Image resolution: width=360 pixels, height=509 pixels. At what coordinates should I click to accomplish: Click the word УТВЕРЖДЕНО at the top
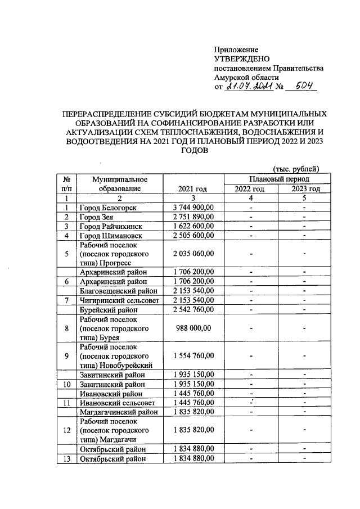[242, 59]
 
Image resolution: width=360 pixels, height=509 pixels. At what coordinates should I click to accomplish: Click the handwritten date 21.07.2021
[249, 87]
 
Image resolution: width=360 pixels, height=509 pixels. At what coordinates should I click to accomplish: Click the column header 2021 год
[192, 188]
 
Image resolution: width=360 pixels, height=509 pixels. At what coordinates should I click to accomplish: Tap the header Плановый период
[278, 178]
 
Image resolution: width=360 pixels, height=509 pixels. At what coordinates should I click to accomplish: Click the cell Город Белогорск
[107, 208]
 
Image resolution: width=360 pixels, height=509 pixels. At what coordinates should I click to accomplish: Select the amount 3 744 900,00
[192, 208]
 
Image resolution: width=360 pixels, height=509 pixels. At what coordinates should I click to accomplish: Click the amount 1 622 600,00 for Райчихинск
[192, 226]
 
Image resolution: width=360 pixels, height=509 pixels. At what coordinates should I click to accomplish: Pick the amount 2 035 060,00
[192, 254]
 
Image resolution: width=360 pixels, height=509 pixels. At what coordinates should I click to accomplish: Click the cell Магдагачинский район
[118, 412]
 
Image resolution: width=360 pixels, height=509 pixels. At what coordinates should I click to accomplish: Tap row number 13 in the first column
[66, 458]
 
